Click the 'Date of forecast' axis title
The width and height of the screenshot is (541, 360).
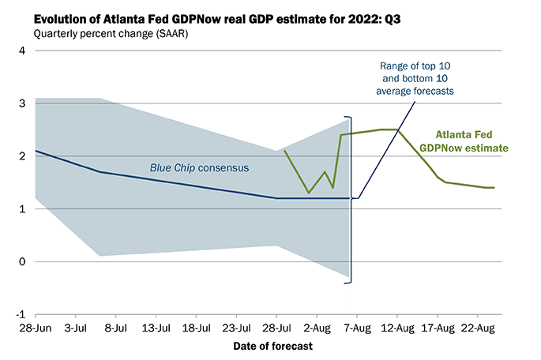[x=272, y=346]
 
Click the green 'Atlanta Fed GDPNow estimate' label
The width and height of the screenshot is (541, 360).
[x=472, y=141]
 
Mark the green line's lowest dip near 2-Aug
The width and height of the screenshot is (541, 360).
[x=309, y=193]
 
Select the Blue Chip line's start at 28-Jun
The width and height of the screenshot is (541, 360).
[x=36, y=151]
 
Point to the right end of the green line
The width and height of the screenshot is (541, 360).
[x=494, y=188]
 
